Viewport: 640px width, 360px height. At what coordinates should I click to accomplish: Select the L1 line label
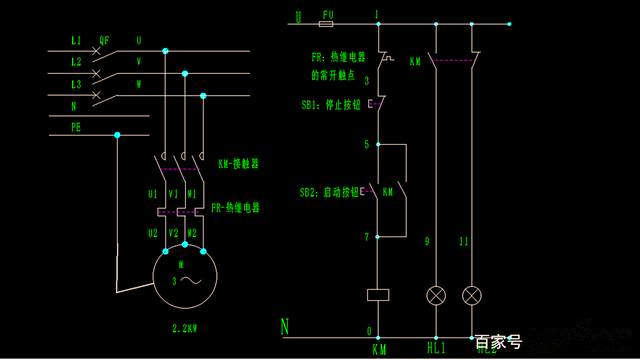pos(76,41)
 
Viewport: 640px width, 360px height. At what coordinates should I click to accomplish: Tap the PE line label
pos(76,127)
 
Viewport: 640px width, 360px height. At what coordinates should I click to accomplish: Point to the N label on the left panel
pos(74,105)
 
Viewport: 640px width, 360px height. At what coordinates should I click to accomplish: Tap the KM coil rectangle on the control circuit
pos(378,295)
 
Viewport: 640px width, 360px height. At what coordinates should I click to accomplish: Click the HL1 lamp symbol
pos(436,296)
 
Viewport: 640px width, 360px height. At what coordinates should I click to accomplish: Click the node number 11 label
pos(462,242)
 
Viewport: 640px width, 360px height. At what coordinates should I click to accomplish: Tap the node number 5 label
pos(367,145)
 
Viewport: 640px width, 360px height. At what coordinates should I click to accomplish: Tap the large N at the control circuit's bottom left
pos(284,326)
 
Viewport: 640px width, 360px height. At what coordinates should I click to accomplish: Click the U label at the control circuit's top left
pos(298,16)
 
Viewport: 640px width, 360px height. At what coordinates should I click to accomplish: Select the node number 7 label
pos(367,237)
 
